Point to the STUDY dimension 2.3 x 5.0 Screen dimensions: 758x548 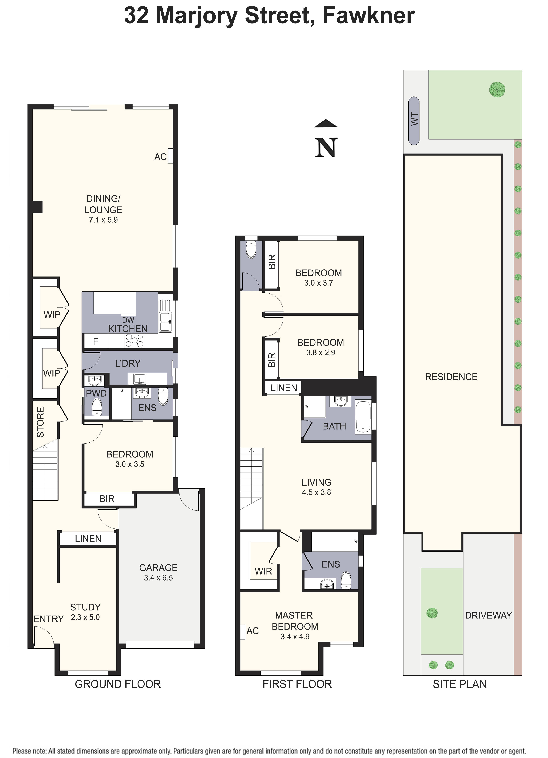pos(85,617)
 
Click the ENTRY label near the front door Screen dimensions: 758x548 pos(48,619)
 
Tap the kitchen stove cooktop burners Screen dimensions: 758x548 pos(134,341)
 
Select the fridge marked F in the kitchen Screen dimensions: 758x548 pos(96,341)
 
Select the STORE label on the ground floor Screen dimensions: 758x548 pos(40,422)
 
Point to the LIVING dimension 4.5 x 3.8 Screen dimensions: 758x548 pos(316,492)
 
